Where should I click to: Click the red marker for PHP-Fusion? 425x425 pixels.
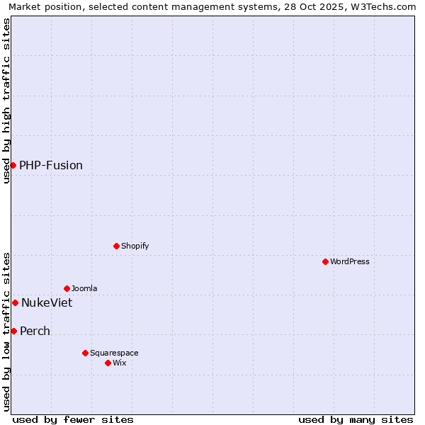point(13,165)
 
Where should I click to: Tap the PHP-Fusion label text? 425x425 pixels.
point(51,166)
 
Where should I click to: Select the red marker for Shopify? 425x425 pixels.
point(116,246)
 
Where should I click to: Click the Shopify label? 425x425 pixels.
point(135,246)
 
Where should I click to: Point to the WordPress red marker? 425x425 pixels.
point(325,261)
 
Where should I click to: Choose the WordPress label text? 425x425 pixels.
point(349,262)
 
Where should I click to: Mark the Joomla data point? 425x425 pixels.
point(67,288)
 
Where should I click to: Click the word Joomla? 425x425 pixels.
point(84,289)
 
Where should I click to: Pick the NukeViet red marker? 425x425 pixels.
point(15,302)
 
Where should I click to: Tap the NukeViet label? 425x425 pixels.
point(47,303)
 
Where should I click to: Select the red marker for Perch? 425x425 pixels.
point(13,331)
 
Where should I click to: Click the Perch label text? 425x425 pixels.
point(35,331)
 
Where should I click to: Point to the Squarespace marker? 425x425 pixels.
point(85,353)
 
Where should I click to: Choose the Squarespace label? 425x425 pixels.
point(114,353)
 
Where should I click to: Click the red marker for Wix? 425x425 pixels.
point(108,363)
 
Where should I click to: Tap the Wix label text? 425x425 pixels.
point(119,363)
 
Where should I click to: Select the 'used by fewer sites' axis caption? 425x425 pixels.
point(73,419)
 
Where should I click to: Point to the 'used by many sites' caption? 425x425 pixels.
point(356,419)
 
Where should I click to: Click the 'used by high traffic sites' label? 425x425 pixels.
point(6,101)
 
